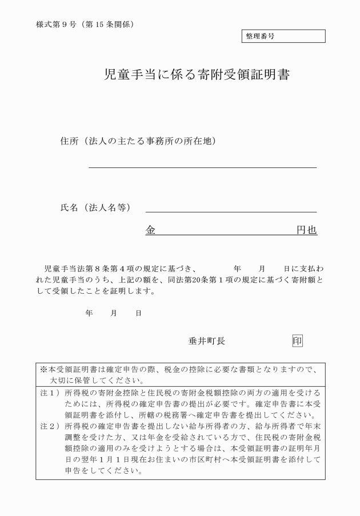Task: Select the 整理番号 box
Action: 283,36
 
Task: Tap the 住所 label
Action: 70,141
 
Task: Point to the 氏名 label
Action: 70,207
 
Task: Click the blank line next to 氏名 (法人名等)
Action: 231,211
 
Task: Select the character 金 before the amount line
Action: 151,230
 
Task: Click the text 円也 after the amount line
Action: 306,230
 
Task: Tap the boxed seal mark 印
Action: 297,341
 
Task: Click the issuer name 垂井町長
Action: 206,341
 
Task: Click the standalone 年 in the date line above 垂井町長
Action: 89,313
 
